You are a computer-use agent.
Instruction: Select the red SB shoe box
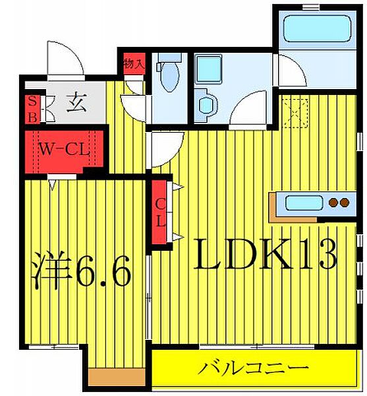click(32, 109)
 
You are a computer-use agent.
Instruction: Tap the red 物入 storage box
click(132, 64)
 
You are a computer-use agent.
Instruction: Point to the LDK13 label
click(264, 253)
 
